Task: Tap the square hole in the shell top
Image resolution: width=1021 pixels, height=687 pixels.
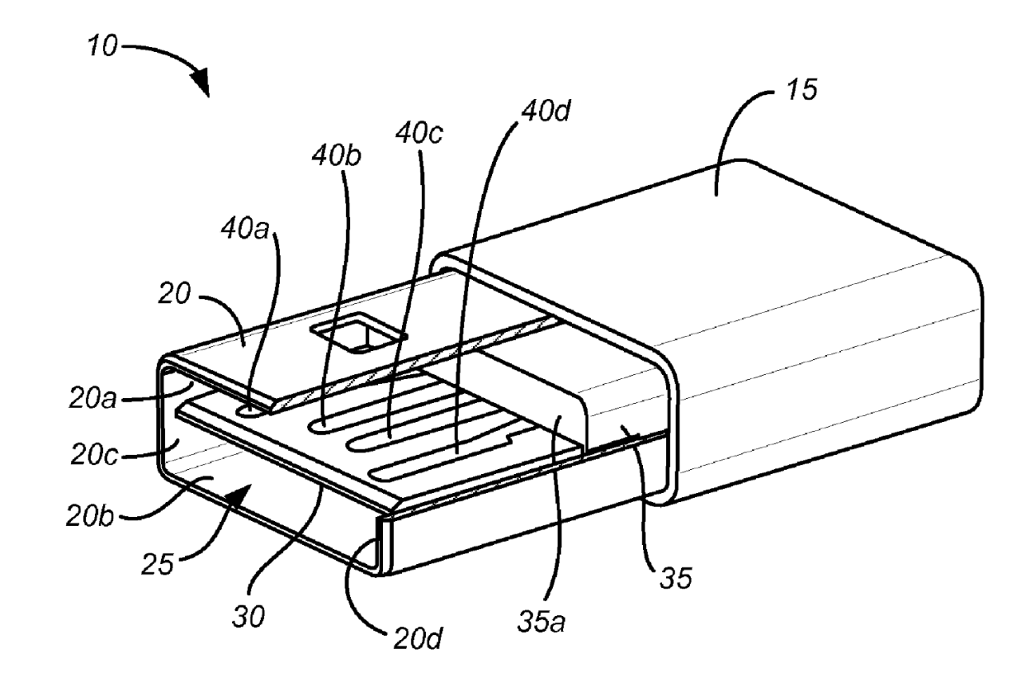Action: point(356,334)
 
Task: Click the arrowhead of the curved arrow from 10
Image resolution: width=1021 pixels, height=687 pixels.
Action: point(203,82)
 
